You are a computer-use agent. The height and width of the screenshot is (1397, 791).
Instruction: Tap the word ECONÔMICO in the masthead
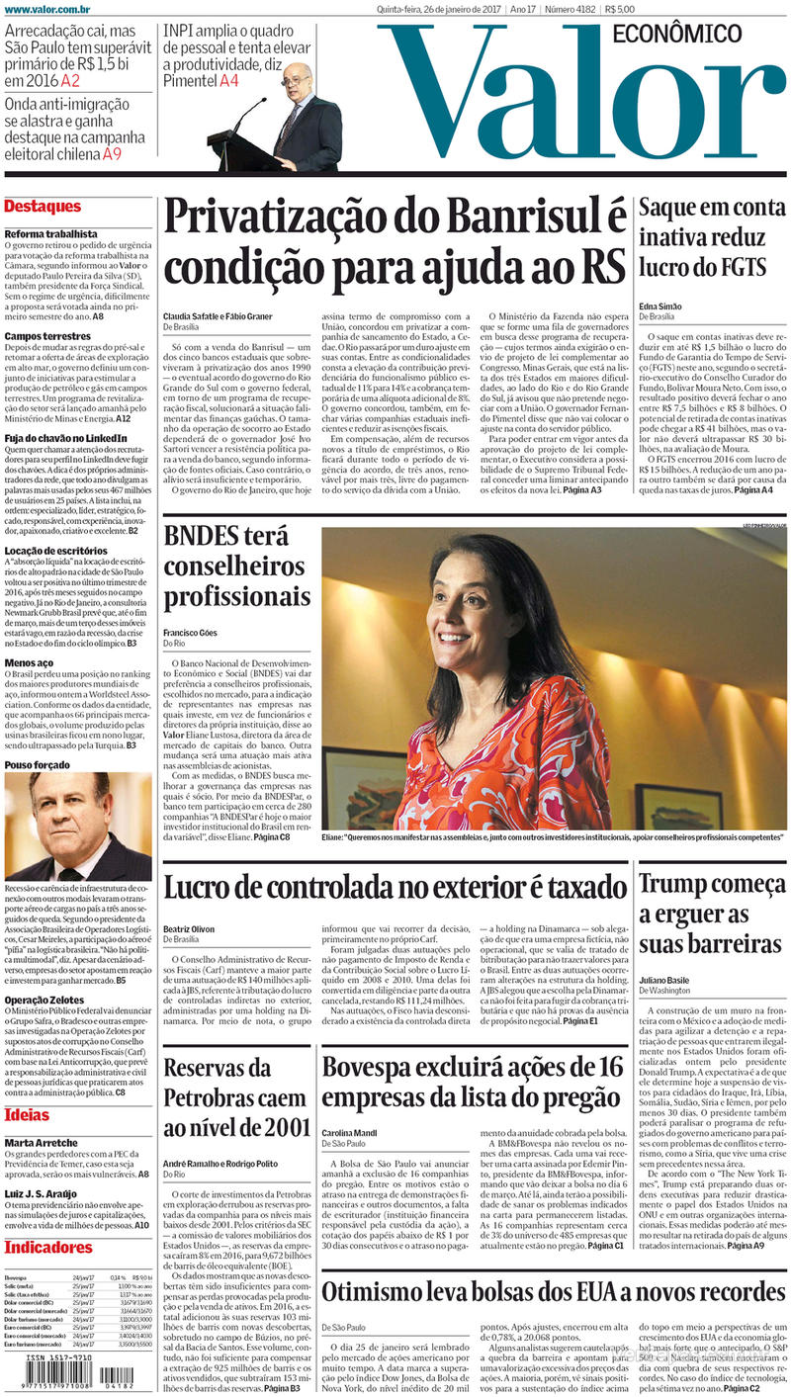click(677, 34)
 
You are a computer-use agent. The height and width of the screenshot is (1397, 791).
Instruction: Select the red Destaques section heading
click(43, 207)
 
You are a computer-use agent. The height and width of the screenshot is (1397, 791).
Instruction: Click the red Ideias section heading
click(27, 1115)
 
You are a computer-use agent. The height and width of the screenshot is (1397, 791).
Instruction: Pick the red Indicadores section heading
click(48, 1247)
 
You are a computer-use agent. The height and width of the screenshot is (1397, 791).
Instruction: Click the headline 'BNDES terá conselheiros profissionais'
click(236, 567)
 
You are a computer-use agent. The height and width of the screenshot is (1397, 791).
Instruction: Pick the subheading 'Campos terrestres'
click(47, 336)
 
